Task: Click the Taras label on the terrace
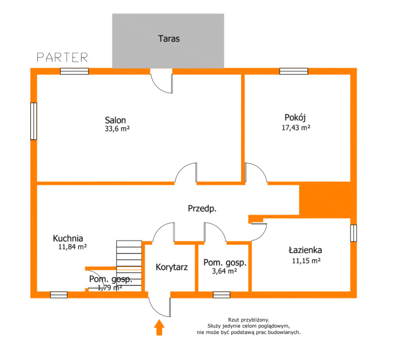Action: click(169, 38)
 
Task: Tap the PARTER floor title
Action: click(63, 57)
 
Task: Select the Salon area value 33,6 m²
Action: click(117, 129)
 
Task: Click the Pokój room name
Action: click(295, 118)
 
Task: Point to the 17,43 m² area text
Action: click(296, 128)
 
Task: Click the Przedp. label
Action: click(202, 209)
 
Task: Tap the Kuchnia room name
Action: click(68, 238)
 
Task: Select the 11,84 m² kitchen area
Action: click(72, 247)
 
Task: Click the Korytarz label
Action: click(172, 267)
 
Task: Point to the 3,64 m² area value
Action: click(224, 271)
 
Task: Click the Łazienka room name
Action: click(305, 250)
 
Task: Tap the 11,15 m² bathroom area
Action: click(306, 261)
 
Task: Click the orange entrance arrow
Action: click(159, 328)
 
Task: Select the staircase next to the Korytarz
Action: click(129, 266)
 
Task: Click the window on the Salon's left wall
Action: click(34, 121)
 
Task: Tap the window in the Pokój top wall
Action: click(293, 71)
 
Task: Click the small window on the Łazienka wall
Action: click(353, 233)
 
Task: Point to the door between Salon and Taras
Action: click(161, 81)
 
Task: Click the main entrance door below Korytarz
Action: click(159, 304)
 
